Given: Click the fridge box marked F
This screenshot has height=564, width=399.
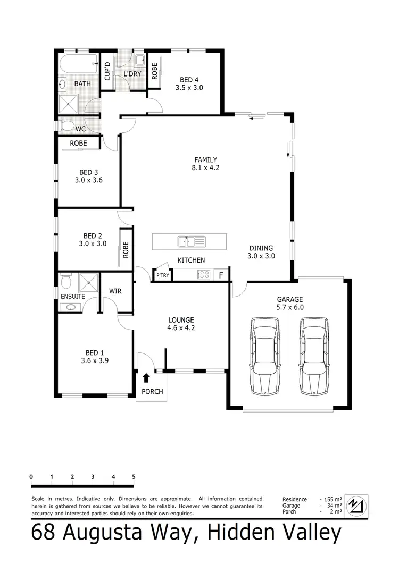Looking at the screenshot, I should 221,275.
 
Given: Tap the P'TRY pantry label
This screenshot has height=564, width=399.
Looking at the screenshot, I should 162,275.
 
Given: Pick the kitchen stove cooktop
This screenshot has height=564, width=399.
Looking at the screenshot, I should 204,275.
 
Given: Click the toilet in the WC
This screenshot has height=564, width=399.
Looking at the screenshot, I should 67,125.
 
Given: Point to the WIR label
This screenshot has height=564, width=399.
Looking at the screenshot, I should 116,291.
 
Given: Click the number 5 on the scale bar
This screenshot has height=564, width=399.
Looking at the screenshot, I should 134,476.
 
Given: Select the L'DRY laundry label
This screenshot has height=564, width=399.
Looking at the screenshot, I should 132,74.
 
